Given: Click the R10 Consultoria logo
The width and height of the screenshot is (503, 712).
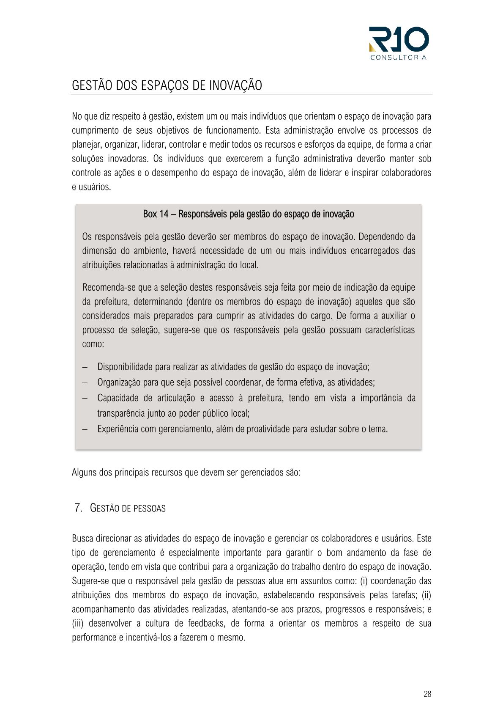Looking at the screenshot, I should tap(398, 43).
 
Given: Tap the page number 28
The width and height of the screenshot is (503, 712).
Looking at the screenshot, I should tap(427, 694).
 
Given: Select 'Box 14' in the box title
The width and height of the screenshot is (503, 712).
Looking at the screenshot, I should tap(156, 214).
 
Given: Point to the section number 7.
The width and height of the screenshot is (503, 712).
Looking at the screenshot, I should tap(78, 508).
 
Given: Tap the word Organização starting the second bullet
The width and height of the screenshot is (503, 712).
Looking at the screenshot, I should tap(119, 382).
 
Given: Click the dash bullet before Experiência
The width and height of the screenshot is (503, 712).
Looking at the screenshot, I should tap(85, 429).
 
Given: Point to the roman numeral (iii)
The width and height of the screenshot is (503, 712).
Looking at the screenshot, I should tap(78, 623).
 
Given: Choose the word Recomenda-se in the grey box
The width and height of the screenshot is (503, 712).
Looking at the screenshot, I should tap(109, 288).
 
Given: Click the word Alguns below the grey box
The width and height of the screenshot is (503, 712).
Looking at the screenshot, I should tap(84, 473).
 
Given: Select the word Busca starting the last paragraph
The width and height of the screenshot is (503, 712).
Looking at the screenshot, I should tap(83, 539).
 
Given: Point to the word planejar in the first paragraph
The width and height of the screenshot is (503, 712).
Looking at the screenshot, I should tap(86, 145).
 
